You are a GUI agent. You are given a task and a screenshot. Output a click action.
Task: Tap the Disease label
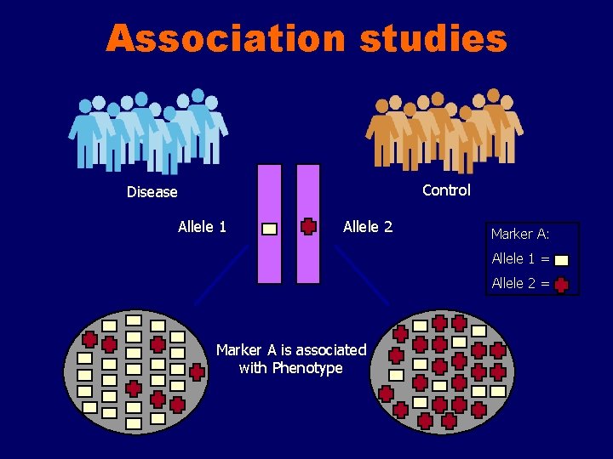click(152, 192)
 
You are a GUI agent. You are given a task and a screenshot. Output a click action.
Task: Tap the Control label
click(446, 190)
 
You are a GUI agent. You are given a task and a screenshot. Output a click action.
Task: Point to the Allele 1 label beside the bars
click(202, 227)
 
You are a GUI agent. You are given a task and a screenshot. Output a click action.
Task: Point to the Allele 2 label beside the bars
click(367, 227)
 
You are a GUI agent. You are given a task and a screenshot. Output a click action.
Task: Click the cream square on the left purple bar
click(269, 229)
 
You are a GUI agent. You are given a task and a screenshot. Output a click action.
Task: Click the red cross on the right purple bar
click(308, 227)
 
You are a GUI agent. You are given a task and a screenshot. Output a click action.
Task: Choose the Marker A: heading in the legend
click(519, 234)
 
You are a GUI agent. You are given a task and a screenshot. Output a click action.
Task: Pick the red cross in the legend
click(561, 286)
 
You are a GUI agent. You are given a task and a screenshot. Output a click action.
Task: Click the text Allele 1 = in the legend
click(520, 258)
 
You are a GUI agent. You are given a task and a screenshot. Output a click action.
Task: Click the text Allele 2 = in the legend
click(520, 283)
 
